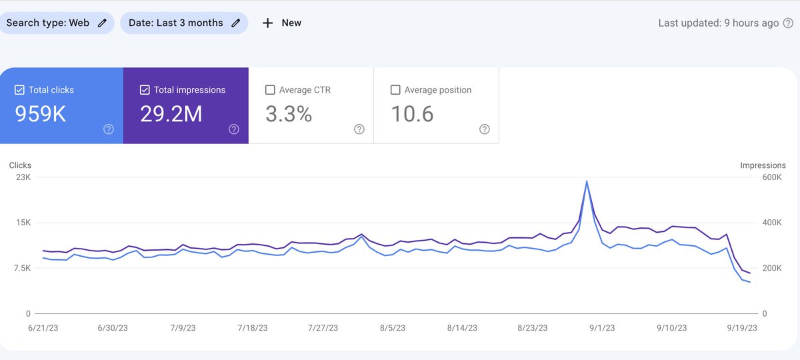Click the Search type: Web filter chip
[x=56, y=23]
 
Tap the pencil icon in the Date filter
[x=236, y=23]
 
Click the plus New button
[x=281, y=23]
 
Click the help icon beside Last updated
[x=788, y=23]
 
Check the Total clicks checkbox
[x=19, y=90]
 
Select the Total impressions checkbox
[x=145, y=90]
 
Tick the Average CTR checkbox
[x=270, y=90]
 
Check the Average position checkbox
[x=395, y=90]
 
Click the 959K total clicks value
[x=41, y=115]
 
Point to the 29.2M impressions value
[x=171, y=115]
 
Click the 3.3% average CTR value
[x=289, y=115]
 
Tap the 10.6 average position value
[x=412, y=115]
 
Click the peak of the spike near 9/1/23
[x=587, y=181]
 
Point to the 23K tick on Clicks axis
[x=23, y=177]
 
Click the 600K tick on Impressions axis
[x=772, y=177]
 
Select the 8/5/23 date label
[x=392, y=328]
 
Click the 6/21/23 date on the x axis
[x=44, y=328]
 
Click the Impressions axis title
[x=763, y=165]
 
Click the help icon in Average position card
[x=485, y=129]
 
